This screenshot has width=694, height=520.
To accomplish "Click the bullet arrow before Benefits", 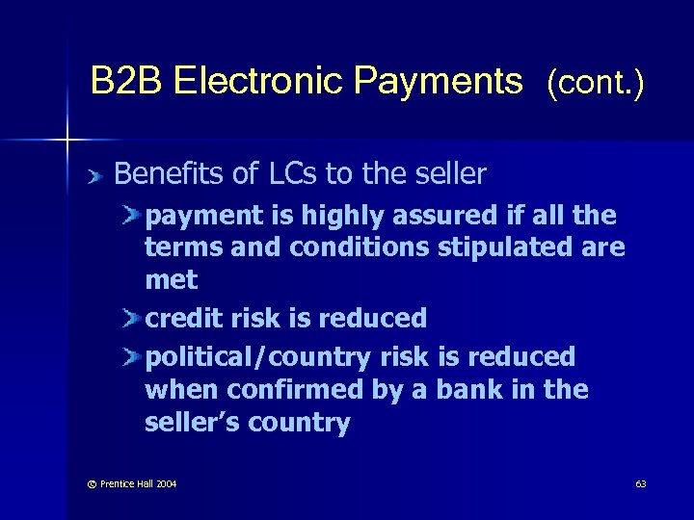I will pyautogui.click(x=93, y=175).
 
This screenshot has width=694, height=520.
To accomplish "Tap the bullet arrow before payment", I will pyautogui.click(x=131, y=214).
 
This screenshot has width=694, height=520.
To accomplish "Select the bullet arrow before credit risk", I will pyautogui.click(x=131, y=319).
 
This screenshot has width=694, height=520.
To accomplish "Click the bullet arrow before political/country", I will pyautogui.click(x=131, y=356).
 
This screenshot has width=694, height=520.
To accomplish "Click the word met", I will pyautogui.click(x=171, y=281).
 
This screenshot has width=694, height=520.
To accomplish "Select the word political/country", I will pyautogui.click(x=257, y=357).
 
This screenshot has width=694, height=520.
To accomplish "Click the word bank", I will pyautogui.click(x=493, y=390).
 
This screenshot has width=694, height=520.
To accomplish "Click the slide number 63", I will pyautogui.click(x=641, y=483).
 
